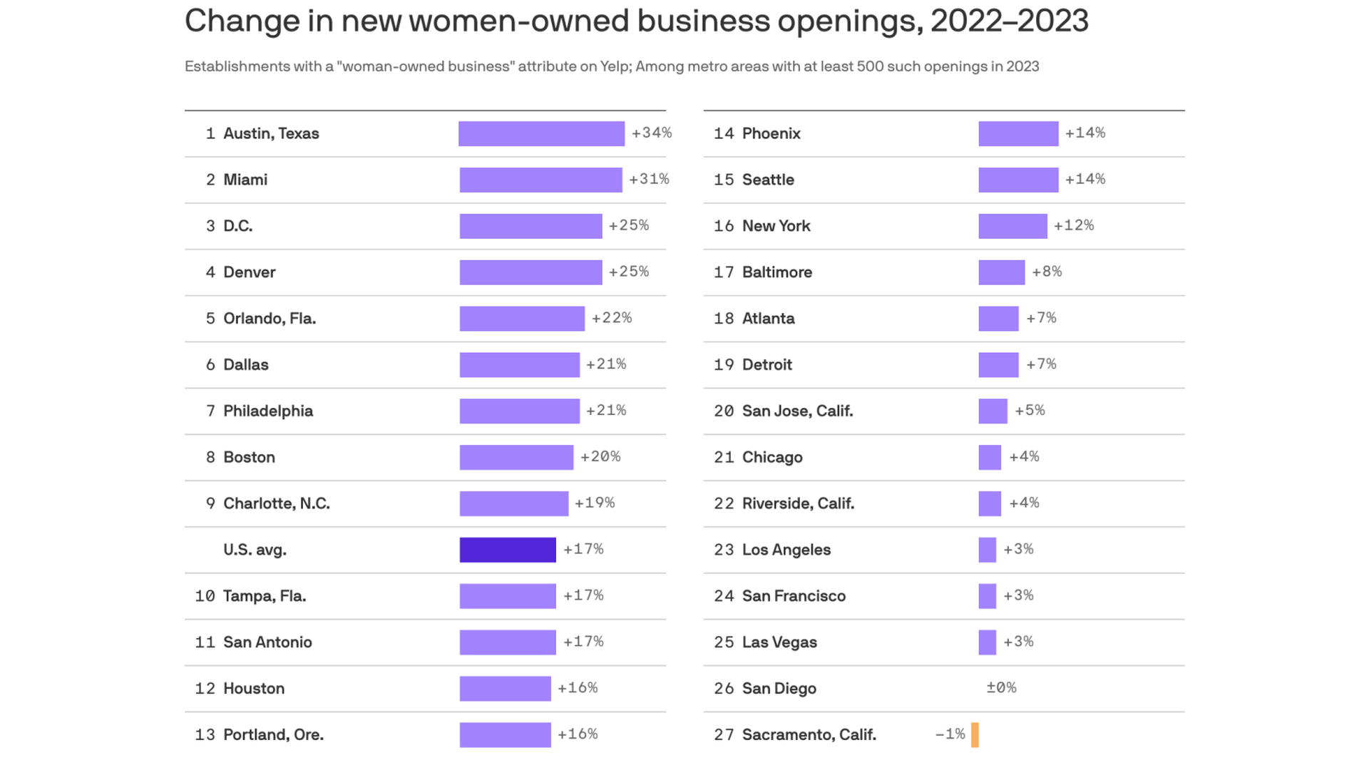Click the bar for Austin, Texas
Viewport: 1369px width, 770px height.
pyautogui.click(x=541, y=133)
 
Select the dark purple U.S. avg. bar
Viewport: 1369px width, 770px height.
pyautogui.click(x=508, y=550)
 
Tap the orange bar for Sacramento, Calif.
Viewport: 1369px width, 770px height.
pyautogui.click(x=975, y=735)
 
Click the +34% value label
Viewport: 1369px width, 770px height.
pyautogui.click(x=652, y=133)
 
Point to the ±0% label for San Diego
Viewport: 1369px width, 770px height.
pyautogui.click(x=1001, y=688)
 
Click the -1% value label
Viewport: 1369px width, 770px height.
pyautogui.click(x=950, y=734)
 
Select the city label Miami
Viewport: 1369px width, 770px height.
pyautogui.click(x=245, y=180)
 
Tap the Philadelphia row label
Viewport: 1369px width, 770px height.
pyautogui.click(x=268, y=411)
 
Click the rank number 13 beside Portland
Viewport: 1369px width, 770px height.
pyautogui.click(x=205, y=735)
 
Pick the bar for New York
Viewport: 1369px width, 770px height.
pyautogui.click(x=1012, y=226)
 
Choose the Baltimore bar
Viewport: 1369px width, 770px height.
pyautogui.click(x=1001, y=272)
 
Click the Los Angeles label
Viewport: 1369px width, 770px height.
pyautogui.click(x=786, y=550)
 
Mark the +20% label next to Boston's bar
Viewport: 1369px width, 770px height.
pyautogui.click(x=600, y=457)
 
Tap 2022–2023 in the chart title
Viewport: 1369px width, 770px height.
pyautogui.click(x=1009, y=21)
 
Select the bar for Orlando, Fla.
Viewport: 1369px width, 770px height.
pyautogui.click(x=522, y=319)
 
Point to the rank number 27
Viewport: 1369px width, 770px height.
pyautogui.click(x=724, y=735)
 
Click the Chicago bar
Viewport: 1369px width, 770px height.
pyautogui.click(x=990, y=458)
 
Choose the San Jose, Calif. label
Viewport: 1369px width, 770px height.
pyautogui.click(x=797, y=411)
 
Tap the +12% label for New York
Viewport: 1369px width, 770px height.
pyautogui.click(x=1074, y=226)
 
